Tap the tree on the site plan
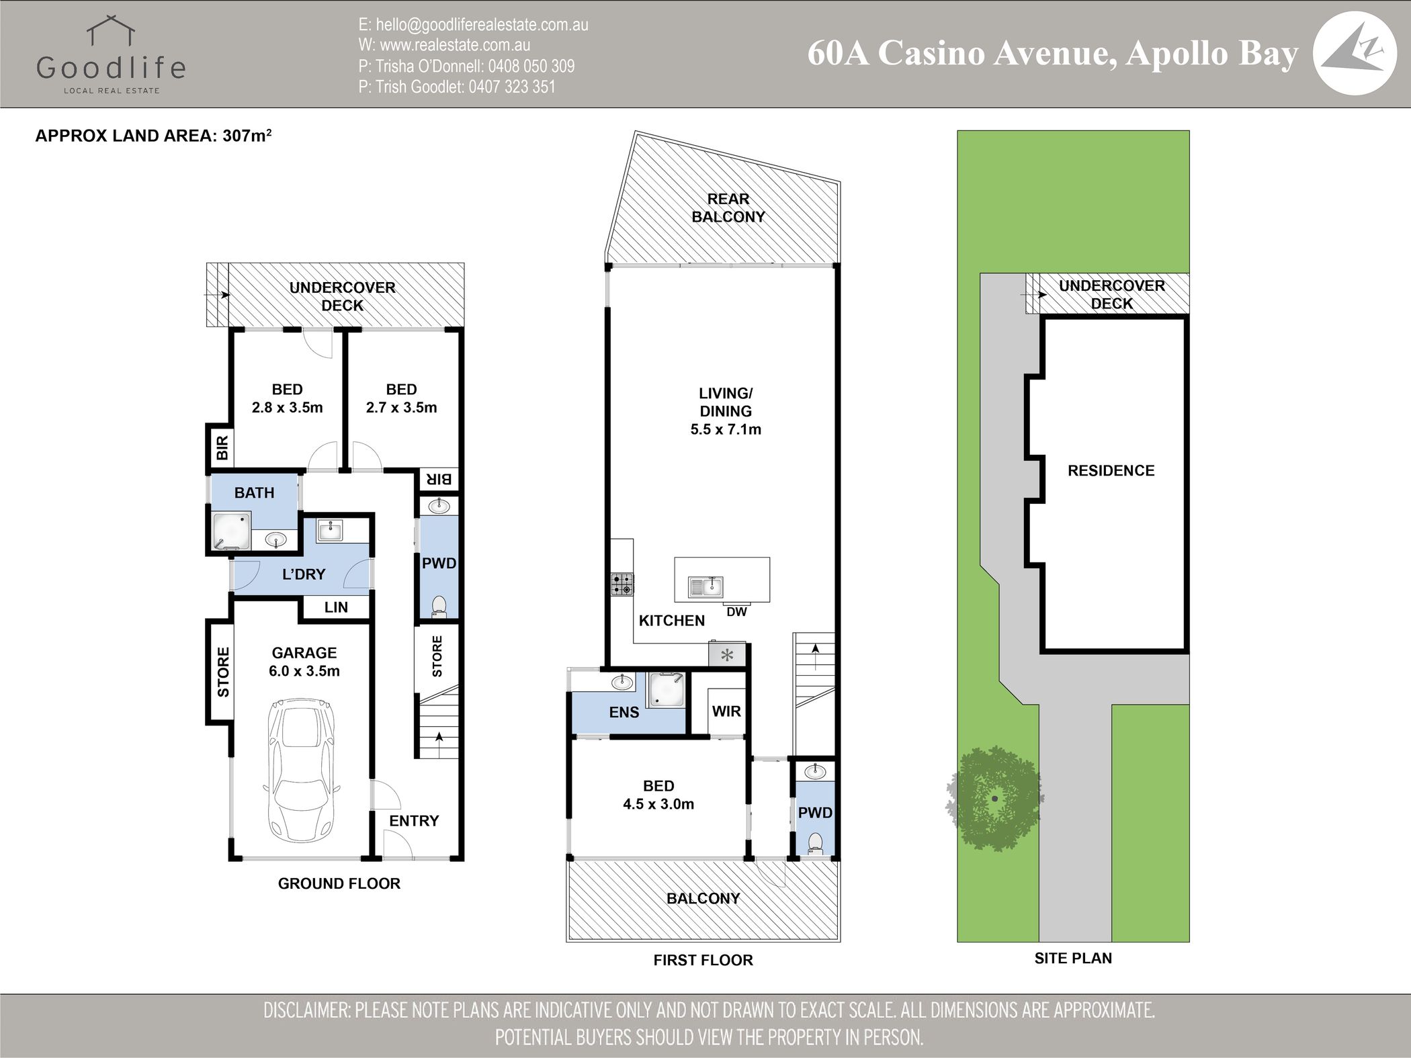pos(994,799)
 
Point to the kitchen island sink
pos(705,587)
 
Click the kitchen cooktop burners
pos(622,584)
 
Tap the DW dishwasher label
pos(736,612)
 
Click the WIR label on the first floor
pos(726,711)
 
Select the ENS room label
pos(624,712)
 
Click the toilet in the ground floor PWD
pos(439,605)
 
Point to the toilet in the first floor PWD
pos(815,843)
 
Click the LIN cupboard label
pos(336,607)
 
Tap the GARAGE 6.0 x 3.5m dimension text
pos(304,662)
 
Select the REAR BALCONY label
pos(728,208)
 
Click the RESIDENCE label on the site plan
pos(1111,470)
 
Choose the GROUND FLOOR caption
pos(339,883)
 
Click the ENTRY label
pos(414,820)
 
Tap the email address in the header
pos(473,25)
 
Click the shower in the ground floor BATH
pos(231,532)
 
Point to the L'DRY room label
pos(304,574)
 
